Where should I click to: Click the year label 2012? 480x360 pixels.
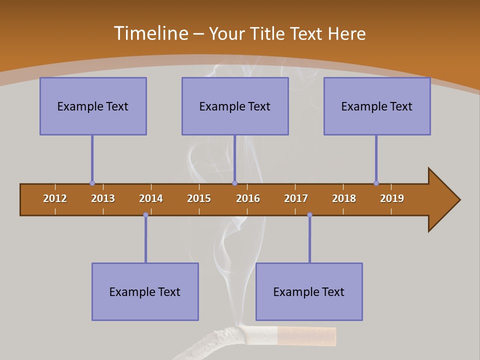click(55, 198)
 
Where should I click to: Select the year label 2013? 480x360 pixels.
click(103, 198)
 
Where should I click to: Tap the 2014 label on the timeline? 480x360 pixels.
click(151, 198)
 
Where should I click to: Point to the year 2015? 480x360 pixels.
click(199, 198)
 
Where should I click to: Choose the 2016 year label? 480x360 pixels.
click(248, 198)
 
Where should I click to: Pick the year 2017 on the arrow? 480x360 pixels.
click(296, 198)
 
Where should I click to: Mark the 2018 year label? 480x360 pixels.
click(344, 198)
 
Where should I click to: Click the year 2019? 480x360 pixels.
click(392, 198)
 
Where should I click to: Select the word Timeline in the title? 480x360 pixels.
click(150, 33)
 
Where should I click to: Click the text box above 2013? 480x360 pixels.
click(93, 106)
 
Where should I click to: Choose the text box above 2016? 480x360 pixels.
click(235, 106)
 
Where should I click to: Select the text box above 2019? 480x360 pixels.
click(377, 106)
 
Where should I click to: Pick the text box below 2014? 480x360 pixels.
click(145, 291)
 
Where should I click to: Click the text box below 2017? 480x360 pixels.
click(309, 291)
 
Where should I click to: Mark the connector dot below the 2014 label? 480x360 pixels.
click(145, 214)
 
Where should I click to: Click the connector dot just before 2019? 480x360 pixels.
click(376, 183)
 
